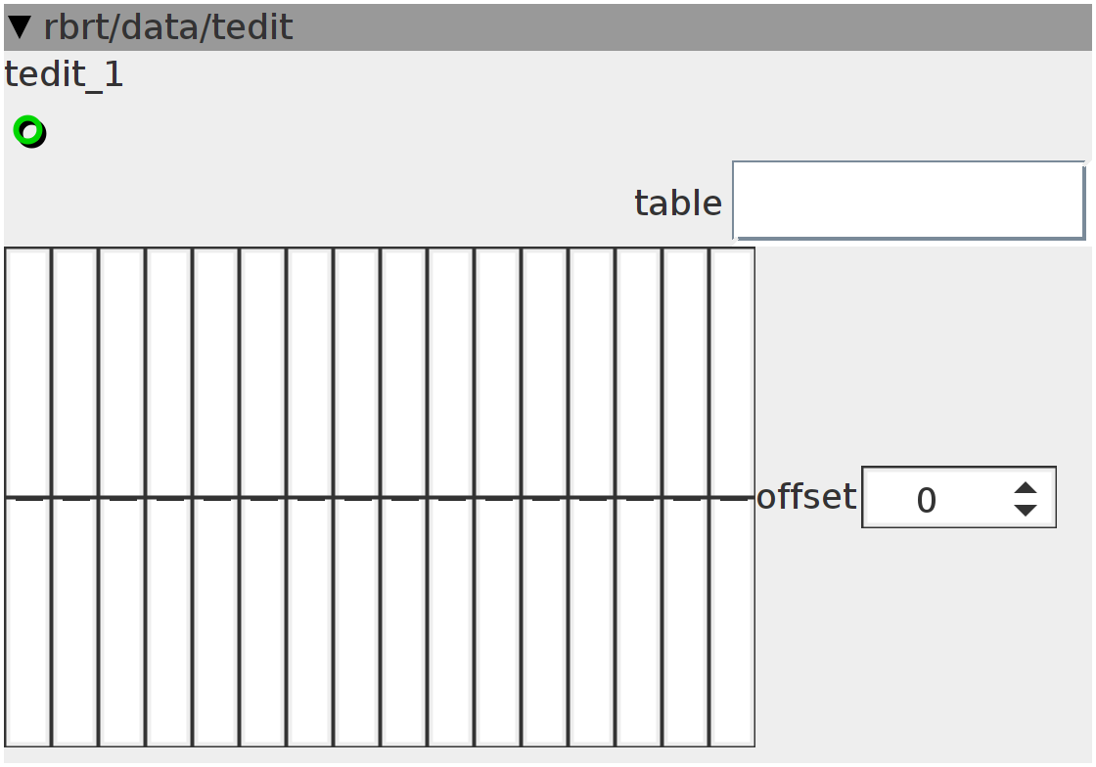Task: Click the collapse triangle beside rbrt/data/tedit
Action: (20, 27)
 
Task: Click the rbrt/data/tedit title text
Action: (167, 27)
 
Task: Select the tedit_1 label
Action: (64, 74)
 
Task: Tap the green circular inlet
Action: (29, 131)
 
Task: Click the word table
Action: (678, 203)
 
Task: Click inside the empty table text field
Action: (909, 201)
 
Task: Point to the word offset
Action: (806, 497)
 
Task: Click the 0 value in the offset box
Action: (926, 500)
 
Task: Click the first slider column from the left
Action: (28, 497)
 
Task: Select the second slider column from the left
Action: (74, 497)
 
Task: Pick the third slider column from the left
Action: (121, 497)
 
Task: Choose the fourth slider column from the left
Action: (169, 497)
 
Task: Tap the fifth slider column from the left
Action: (216, 497)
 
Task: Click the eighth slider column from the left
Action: (357, 497)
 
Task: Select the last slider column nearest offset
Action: (733, 497)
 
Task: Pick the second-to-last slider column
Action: (686, 497)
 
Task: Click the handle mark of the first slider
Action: (28, 499)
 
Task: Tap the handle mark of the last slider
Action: (733, 499)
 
